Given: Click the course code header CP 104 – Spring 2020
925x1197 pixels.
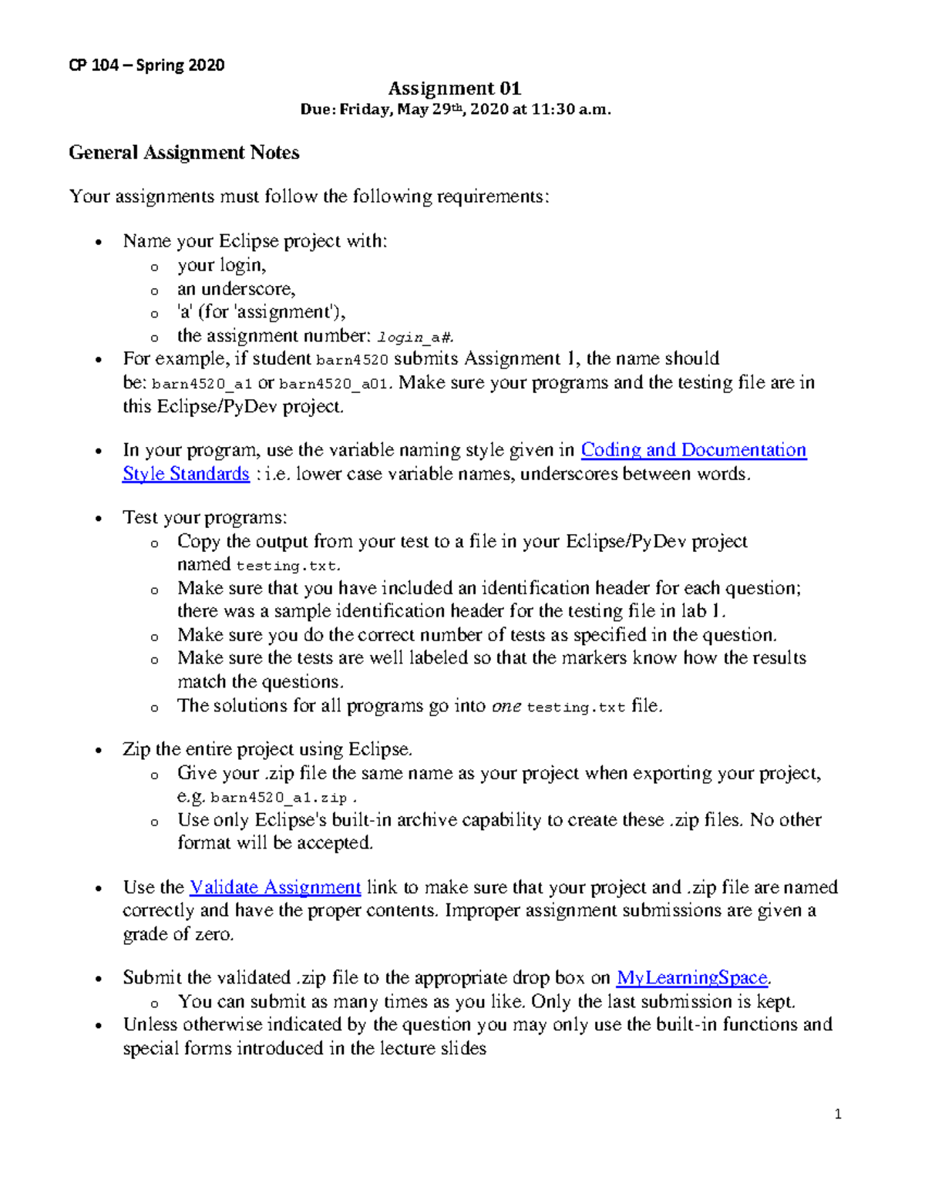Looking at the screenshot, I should point(146,66).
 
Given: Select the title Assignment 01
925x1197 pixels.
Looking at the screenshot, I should point(454,89).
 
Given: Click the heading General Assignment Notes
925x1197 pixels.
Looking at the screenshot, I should point(183,153).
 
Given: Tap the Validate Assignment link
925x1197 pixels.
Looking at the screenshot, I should point(275,887).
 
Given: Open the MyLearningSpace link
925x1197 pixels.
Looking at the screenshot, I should point(692,978).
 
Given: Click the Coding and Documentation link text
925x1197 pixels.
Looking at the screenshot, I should point(693,450).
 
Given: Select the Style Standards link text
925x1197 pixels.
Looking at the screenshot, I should point(186,474).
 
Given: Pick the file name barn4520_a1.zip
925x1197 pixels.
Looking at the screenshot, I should point(278,798).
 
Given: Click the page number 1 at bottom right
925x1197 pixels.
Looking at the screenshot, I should point(838,1114).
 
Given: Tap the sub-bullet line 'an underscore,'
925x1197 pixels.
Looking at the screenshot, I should point(236,289).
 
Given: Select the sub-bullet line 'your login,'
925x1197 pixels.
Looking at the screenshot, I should point(221,265).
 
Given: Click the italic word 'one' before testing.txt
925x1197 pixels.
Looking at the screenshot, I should point(506,706).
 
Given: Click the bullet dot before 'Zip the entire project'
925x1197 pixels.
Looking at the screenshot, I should point(98,751).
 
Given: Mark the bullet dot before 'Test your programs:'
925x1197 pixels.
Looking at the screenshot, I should point(98,519).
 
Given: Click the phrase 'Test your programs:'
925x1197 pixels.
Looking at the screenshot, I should point(204,517).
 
